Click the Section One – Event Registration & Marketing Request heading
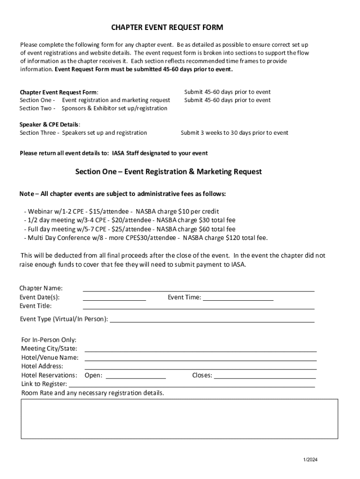[169, 172]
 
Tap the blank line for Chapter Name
[198, 289]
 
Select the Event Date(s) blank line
[114, 298]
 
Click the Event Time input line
[238, 298]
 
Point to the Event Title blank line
[198, 307]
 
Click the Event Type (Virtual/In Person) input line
[212, 320]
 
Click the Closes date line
[265, 376]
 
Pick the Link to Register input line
[192, 385]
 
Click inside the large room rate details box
[179, 419]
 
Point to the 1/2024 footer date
[310, 460]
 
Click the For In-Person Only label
[49, 340]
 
